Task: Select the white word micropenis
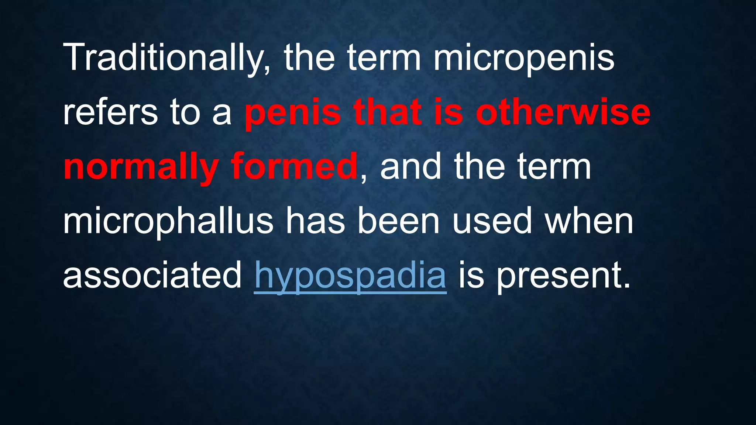pyautogui.click(x=524, y=58)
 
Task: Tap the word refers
pyautogui.click(x=110, y=112)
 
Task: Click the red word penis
pyautogui.click(x=292, y=112)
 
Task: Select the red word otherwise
pyautogui.click(x=563, y=112)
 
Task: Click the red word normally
pyautogui.click(x=141, y=167)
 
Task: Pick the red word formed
pyautogui.click(x=294, y=167)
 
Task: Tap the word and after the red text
pyautogui.click(x=410, y=167)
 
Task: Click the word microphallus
pyautogui.click(x=168, y=221)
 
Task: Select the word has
pyautogui.click(x=315, y=221)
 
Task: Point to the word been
pyautogui.click(x=398, y=221)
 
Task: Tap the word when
pyautogui.click(x=589, y=221)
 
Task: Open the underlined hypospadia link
pyautogui.click(x=350, y=276)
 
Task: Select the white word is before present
pyautogui.click(x=471, y=275)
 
